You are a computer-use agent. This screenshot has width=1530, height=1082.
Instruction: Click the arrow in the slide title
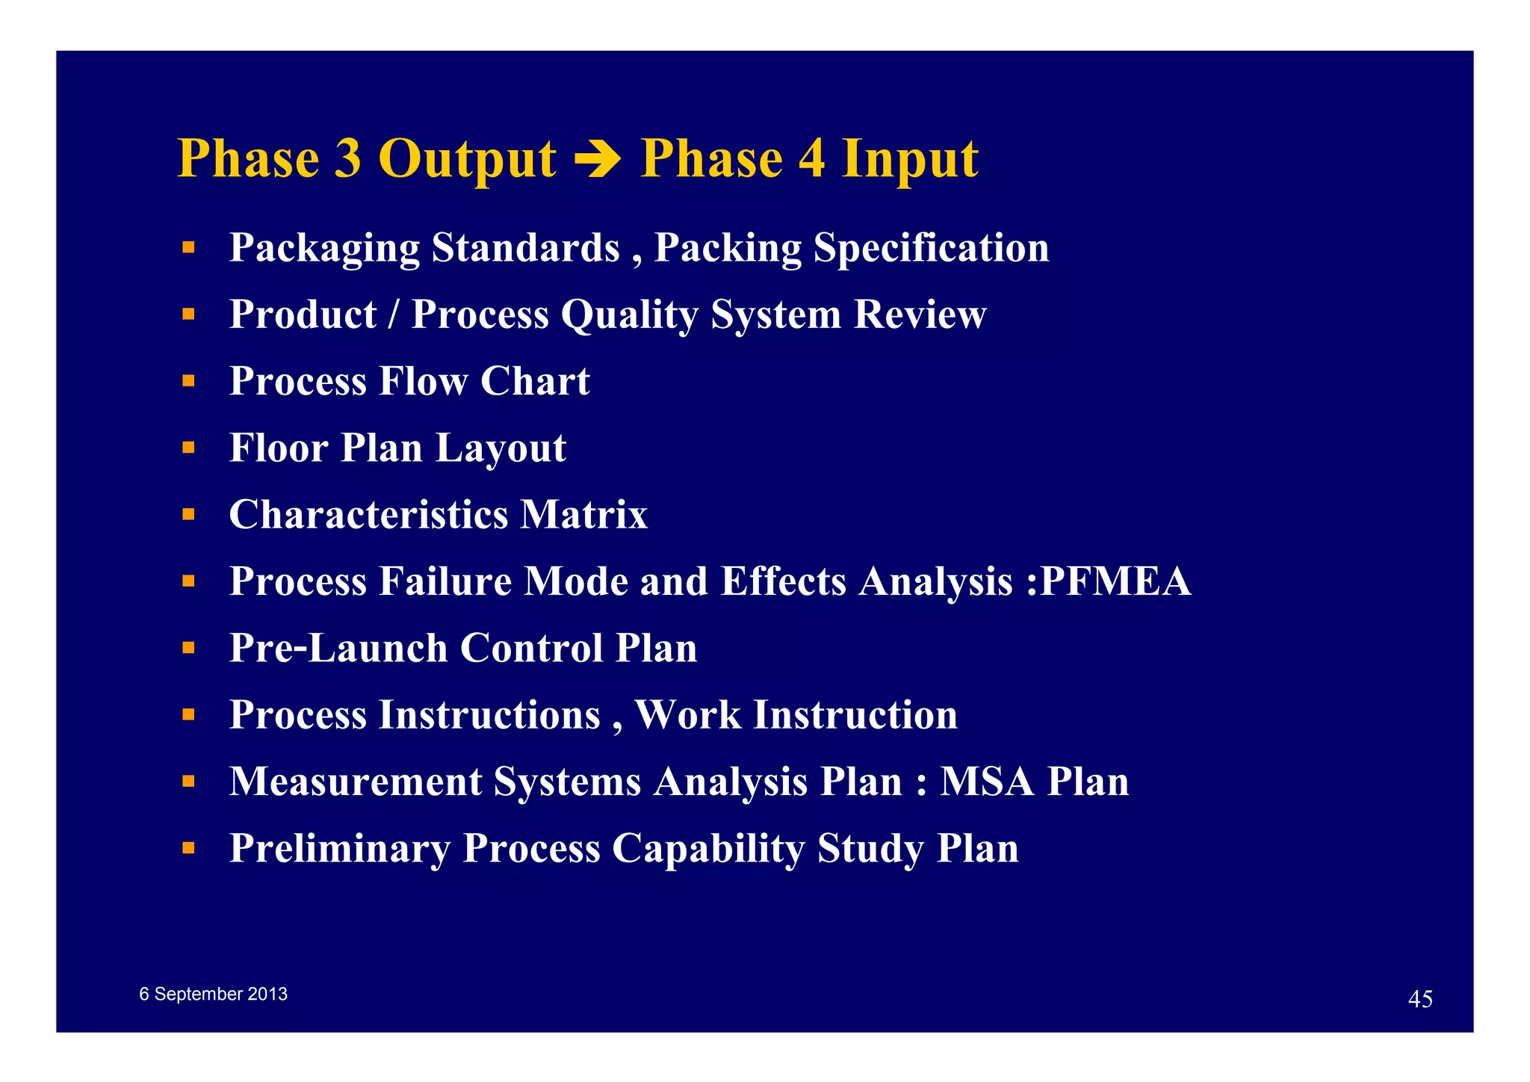pos(598,160)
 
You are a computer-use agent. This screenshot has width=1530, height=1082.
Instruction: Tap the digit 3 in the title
pos(347,158)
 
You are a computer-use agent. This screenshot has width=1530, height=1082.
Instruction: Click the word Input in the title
pos(909,158)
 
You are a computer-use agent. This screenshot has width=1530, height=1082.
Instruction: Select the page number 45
pos(1419,999)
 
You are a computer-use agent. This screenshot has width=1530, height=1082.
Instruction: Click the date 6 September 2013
pos(213,994)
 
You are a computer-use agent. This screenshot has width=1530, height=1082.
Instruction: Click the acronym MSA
pos(986,782)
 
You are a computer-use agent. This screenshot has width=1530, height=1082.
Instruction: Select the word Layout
pos(501,448)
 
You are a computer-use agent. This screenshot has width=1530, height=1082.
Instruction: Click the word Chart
pos(535,381)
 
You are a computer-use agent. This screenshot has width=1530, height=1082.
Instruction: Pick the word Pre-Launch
pos(338,648)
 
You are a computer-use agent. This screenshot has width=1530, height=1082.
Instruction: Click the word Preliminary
pos(340,848)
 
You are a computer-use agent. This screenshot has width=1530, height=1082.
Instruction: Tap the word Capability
pos(708,848)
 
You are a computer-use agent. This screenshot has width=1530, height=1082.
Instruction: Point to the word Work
pos(687,715)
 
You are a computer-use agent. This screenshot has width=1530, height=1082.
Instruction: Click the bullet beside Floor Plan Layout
pos(188,448)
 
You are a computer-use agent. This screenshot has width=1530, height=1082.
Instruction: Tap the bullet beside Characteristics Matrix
pos(188,514)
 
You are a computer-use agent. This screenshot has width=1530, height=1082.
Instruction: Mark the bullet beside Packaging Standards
pos(188,247)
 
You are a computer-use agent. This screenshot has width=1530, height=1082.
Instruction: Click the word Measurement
pos(356,782)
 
